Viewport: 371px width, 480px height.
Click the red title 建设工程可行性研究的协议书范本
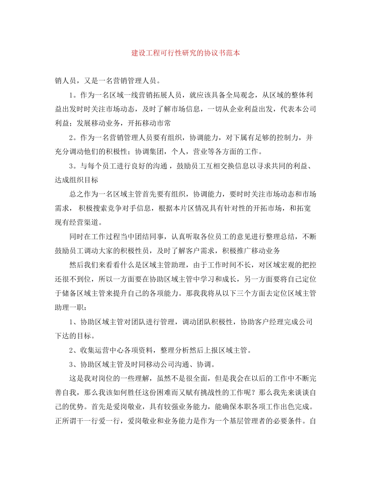185,53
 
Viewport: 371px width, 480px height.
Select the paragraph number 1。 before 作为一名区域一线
73,95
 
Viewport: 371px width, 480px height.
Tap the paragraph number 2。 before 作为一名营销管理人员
73,137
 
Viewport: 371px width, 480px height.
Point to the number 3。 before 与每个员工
73,166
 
